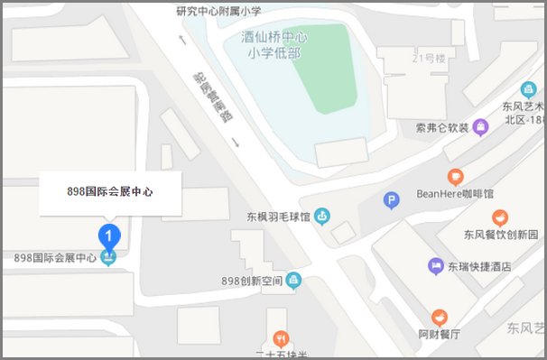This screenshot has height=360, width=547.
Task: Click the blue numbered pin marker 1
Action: tap(109, 236)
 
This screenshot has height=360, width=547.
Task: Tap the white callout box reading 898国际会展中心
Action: tap(110, 191)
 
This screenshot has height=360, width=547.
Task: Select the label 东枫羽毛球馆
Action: tap(278, 217)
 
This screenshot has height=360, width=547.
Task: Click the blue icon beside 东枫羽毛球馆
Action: tap(322, 217)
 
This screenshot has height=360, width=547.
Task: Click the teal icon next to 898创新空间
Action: tap(293, 281)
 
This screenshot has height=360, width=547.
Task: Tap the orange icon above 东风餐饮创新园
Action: tap(499, 217)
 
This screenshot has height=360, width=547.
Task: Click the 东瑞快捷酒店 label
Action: tap(481, 266)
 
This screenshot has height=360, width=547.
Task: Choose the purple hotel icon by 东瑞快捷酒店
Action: tap(436, 266)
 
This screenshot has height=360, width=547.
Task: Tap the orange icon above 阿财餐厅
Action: tap(439, 316)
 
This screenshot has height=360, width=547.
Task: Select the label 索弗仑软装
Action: tap(442, 127)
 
